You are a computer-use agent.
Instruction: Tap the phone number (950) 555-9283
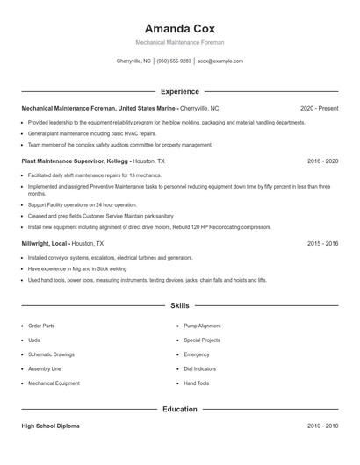(x=174, y=61)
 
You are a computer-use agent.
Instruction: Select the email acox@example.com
(x=220, y=61)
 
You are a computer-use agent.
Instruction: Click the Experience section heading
(x=180, y=91)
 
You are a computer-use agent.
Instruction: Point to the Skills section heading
(x=180, y=306)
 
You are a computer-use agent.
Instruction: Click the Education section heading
(x=180, y=409)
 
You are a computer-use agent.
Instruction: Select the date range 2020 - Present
(x=319, y=108)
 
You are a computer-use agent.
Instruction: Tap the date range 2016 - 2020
(x=323, y=161)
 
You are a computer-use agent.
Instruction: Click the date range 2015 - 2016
(x=323, y=243)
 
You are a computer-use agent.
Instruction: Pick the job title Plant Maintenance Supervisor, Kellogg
(x=76, y=161)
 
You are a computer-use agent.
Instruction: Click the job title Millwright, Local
(x=45, y=243)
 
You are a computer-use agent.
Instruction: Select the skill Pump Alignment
(x=202, y=325)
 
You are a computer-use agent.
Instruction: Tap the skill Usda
(x=34, y=340)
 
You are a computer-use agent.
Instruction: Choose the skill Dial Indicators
(x=200, y=369)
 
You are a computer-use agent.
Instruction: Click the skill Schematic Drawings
(x=51, y=354)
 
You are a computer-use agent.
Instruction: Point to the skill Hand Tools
(x=197, y=383)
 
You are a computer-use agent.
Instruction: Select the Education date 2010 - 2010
(x=323, y=426)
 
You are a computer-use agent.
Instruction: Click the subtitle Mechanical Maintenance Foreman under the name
(x=180, y=42)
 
